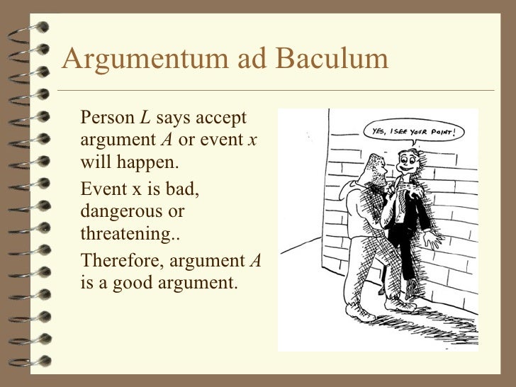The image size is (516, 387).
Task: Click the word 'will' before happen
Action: click(93, 162)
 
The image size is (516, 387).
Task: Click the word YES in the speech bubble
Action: click(379, 133)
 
